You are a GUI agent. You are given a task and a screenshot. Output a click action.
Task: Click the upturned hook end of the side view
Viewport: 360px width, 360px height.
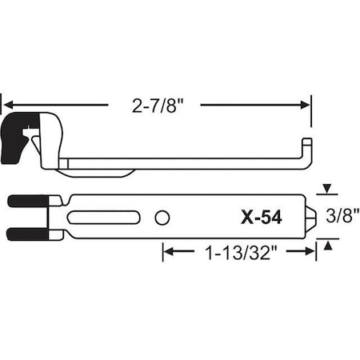pyautogui.click(x=306, y=150)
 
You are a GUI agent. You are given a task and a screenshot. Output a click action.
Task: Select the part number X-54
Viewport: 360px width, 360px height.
pyautogui.click(x=261, y=216)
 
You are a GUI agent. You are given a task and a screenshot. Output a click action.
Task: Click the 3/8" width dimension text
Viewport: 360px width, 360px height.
pyautogui.click(x=335, y=214)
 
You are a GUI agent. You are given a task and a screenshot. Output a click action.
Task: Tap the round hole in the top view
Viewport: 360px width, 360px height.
pyautogui.click(x=162, y=217)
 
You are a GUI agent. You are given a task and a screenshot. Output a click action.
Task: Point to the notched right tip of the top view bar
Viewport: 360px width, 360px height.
pyautogui.click(x=310, y=217)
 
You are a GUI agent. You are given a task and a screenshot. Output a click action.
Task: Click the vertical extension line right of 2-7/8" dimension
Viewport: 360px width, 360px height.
pyautogui.click(x=311, y=112)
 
